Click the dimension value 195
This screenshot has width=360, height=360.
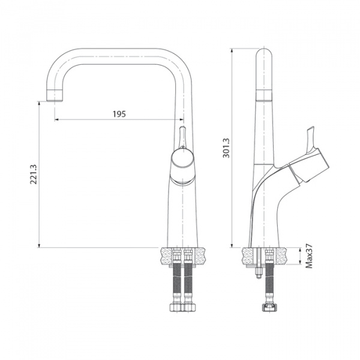(x=119, y=114)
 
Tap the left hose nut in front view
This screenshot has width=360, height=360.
(x=176, y=306)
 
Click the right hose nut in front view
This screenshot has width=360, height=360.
(x=190, y=306)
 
